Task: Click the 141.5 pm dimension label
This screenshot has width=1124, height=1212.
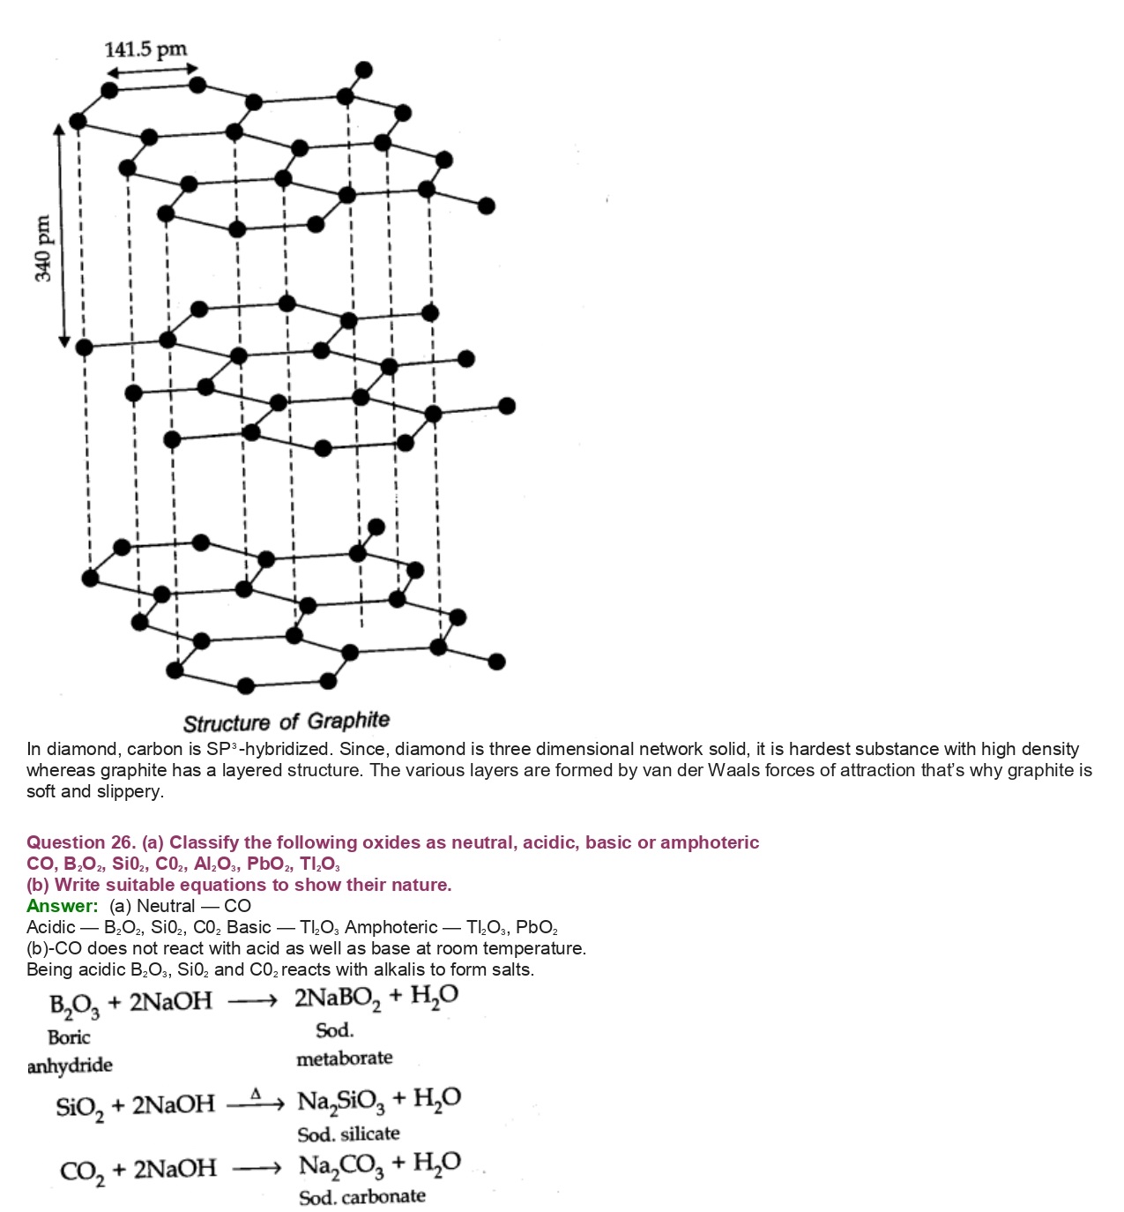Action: point(145,49)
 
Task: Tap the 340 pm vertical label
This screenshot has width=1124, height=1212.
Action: point(42,249)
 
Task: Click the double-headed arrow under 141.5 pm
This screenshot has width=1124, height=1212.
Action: point(152,70)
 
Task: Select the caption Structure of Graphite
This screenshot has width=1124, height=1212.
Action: point(286,722)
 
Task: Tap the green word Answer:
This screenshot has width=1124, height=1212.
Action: point(62,906)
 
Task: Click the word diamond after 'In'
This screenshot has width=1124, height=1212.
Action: point(84,750)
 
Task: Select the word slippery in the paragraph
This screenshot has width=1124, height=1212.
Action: point(132,792)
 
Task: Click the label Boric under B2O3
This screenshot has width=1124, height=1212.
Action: point(69,1037)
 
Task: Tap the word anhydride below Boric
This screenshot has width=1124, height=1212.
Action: point(70,1066)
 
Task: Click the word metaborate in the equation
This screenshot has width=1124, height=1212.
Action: point(344,1059)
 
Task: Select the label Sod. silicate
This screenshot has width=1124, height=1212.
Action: point(348,1133)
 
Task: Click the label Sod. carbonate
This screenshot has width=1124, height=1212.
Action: point(361,1197)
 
